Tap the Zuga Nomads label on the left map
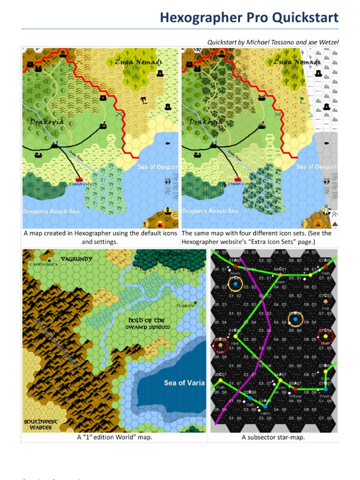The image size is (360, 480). (139, 62)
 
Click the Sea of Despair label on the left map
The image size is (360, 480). (158, 167)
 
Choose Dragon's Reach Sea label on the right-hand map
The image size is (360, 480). (210, 211)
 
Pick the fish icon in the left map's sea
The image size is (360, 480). (167, 141)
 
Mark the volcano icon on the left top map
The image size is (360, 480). (161, 224)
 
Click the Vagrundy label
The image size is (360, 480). (76, 258)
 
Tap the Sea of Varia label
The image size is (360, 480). (184, 383)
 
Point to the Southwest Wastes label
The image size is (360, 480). (41, 424)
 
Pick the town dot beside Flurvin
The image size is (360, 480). (195, 302)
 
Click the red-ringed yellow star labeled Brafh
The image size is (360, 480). (326, 336)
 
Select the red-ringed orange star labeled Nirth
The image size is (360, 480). (220, 345)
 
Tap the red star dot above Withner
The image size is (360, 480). (295, 389)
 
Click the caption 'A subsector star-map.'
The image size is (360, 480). (273, 437)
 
